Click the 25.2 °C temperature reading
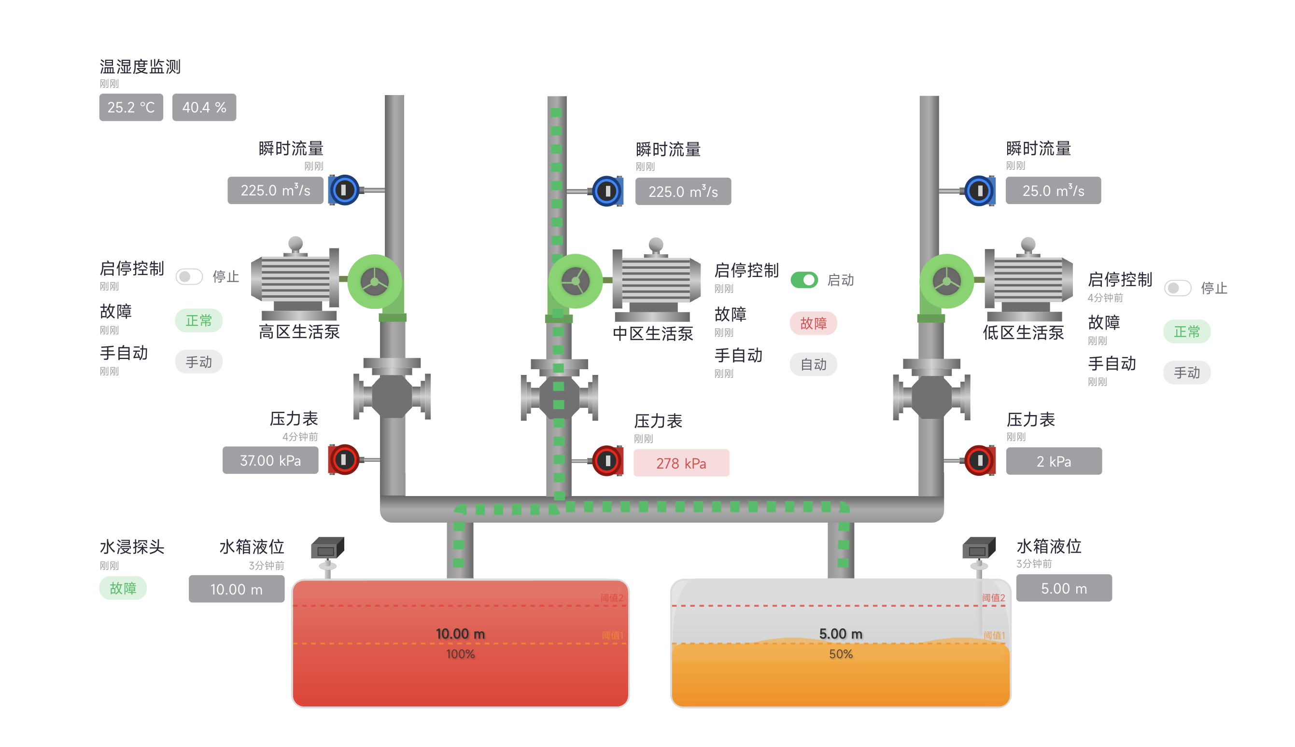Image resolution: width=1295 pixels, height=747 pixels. coord(131,107)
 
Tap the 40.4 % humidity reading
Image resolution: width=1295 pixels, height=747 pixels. coord(204,107)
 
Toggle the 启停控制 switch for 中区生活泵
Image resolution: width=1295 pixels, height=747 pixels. coord(804,279)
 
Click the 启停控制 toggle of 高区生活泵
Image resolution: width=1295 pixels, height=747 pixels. coord(189,277)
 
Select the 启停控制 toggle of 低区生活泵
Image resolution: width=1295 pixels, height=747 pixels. coord(1177,288)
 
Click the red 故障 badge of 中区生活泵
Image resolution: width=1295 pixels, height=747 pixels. coord(813,323)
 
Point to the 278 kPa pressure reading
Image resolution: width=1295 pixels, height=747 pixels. coord(681,463)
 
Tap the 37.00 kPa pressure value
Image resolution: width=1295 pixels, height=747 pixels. coord(270,460)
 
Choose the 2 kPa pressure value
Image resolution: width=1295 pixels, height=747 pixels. coord(1053,461)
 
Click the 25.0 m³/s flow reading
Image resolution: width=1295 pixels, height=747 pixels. coord(1053,191)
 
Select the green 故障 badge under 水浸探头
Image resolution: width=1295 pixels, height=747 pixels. coord(123,588)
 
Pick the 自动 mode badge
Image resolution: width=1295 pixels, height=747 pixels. coord(813,364)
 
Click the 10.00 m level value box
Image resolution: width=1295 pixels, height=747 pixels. coord(236,589)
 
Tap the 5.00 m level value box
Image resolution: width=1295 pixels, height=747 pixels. coord(1064,588)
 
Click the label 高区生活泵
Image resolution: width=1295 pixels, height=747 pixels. coord(299,332)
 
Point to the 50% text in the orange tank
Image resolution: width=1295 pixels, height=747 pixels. coord(840,654)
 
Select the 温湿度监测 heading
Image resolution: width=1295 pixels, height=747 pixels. coord(140,67)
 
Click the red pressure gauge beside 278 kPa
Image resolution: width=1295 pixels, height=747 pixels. coord(607,460)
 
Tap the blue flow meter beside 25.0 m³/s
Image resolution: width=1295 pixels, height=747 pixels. coord(979,191)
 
